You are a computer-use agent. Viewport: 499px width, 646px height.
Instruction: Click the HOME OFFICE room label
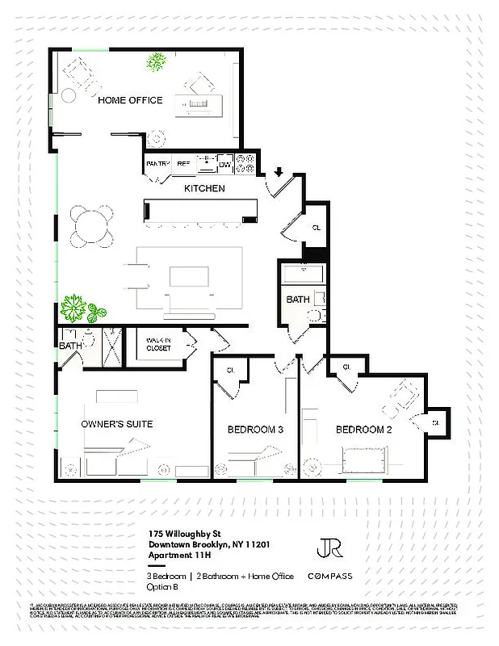pyautogui.click(x=130, y=101)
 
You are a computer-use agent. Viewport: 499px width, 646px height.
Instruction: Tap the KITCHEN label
pyautogui.click(x=204, y=189)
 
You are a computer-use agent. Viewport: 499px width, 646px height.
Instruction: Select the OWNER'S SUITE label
pyautogui.click(x=117, y=424)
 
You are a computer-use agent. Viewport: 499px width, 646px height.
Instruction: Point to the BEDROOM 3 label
pyautogui.click(x=254, y=430)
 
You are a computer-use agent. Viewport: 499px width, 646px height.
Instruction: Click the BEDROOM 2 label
pyautogui.click(x=363, y=430)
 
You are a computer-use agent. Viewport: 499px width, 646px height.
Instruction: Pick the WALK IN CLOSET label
pyautogui.click(x=157, y=346)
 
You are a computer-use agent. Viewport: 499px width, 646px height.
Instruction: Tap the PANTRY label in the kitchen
pyautogui.click(x=157, y=164)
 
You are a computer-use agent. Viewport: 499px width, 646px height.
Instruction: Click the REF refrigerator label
pyautogui.click(x=183, y=164)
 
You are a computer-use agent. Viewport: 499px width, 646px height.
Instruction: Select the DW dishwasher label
pyautogui.click(x=225, y=164)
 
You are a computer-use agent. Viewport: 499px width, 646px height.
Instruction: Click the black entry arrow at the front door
pyautogui.click(x=278, y=171)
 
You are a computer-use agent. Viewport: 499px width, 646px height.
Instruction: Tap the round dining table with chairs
pyautogui.click(x=90, y=228)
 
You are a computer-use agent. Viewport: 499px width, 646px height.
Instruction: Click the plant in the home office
pyautogui.click(x=156, y=61)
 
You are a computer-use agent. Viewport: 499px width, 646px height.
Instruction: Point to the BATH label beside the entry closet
pyautogui.click(x=298, y=300)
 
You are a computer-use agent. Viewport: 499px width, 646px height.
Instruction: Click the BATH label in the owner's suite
pyautogui.click(x=70, y=346)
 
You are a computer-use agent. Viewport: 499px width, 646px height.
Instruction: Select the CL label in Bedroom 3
pyautogui.click(x=230, y=370)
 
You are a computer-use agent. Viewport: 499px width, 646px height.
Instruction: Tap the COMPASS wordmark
pyautogui.click(x=329, y=577)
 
